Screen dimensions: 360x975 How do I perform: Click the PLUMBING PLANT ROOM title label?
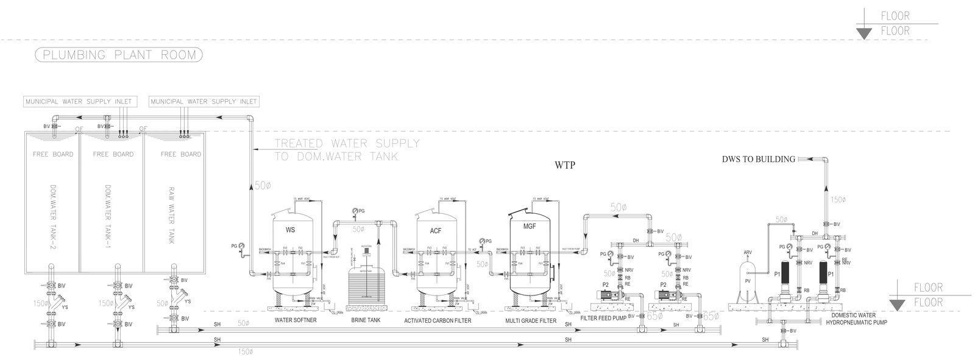[x=119, y=55]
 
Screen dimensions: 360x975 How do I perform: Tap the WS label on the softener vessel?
[x=291, y=231]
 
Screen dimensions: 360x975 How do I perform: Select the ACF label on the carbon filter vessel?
[x=435, y=231]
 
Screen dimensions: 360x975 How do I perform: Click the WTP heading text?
[x=565, y=166]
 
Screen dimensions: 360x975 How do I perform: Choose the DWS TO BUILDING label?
[x=758, y=160]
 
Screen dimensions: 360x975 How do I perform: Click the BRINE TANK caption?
[x=366, y=320]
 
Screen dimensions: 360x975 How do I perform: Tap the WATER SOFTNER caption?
[x=295, y=320]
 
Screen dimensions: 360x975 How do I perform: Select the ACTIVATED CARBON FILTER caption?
[x=438, y=320]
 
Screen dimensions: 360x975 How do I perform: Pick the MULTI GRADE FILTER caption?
[x=531, y=320]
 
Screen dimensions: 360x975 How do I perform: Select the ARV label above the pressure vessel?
[x=748, y=252]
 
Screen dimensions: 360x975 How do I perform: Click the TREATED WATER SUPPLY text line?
[x=347, y=144]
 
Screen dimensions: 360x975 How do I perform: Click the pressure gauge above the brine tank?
[x=355, y=211]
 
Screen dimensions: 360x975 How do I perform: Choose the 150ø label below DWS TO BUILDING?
[x=839, y=199]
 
